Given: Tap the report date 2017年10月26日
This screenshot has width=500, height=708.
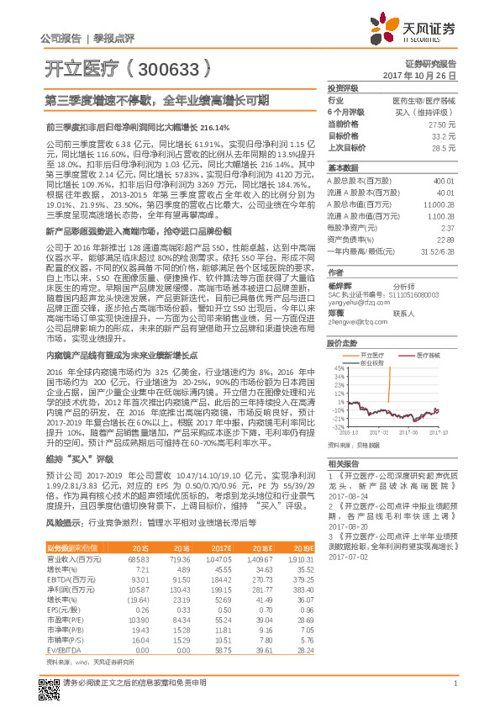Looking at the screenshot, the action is (x=425, y=75).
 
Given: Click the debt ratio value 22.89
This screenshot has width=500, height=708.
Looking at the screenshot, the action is (x=445, y=240).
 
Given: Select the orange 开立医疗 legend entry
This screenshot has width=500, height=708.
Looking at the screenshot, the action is (x=359, y=333).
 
